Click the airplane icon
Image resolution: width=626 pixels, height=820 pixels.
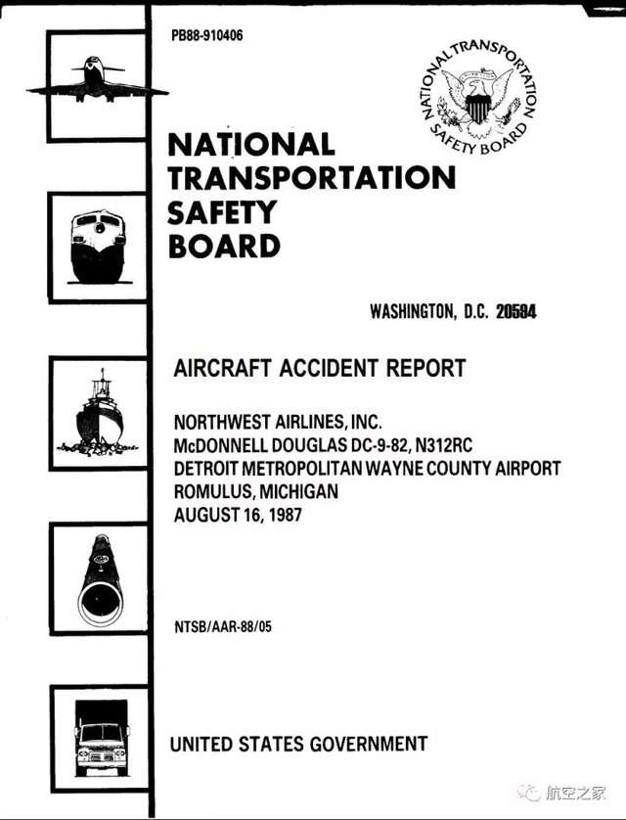click(x=97, y=80)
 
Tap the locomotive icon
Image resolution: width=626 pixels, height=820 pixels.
click(x=98, y=238)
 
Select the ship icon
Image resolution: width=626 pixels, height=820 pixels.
click(x=98, y=410)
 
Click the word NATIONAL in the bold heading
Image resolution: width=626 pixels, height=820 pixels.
click(x=251, y=145)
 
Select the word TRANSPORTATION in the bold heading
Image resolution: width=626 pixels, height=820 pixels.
click(x=313, y=178)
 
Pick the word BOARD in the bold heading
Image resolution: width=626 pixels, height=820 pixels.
click(x=225, y=245)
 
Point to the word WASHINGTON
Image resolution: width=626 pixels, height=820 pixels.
click(x=411, y=312)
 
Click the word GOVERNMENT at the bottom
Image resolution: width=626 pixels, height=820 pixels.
click(x=369, y=744)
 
